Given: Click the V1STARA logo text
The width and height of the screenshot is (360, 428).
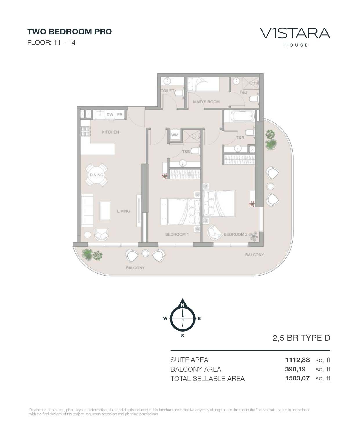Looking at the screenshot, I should coord(295,33).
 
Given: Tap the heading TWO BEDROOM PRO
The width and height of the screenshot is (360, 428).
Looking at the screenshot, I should coord(69,32).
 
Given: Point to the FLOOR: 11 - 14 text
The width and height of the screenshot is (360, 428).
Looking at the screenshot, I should coord(51,43).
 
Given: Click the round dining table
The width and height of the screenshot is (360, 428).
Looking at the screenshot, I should coord(96,175).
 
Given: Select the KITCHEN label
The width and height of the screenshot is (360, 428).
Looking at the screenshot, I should coord(110,132).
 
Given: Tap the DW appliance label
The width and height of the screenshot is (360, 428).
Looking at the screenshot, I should coord(110,115).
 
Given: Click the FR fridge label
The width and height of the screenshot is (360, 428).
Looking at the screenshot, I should coord(120,115).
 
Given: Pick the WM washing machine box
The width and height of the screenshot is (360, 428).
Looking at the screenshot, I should coord(175,135).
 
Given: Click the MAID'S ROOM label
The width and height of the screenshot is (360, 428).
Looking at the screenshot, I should coord(206,102).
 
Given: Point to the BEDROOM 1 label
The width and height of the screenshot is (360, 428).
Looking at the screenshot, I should coord(177,234).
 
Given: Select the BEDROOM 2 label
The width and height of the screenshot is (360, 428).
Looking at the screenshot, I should coord(236,234).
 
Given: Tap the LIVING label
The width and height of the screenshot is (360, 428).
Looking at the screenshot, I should coord(124,211).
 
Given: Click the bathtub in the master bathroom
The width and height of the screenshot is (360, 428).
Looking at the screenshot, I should coord(241,117).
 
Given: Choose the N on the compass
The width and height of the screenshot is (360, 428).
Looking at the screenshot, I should coord(182,305).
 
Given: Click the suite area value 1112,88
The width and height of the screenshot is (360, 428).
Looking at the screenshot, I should coord(297,360).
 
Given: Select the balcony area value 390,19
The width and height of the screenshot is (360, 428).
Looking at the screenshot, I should coord(295,369).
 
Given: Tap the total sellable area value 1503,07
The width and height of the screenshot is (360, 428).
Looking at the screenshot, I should coord(297,378).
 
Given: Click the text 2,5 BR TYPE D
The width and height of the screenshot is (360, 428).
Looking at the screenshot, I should coord(301,338).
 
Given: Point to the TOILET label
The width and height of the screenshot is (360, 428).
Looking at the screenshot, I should coord(167,91).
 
